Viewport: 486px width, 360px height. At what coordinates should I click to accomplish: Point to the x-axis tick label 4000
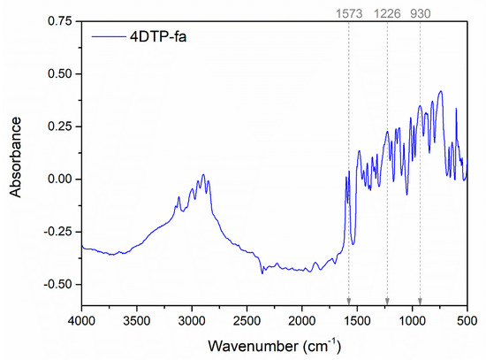point(81,319)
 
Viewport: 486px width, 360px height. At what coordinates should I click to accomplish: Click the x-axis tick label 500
point(467,319)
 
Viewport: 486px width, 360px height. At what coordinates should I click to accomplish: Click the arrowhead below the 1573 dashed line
point(349,301)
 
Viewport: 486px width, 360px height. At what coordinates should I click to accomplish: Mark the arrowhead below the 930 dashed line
point(420,301)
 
